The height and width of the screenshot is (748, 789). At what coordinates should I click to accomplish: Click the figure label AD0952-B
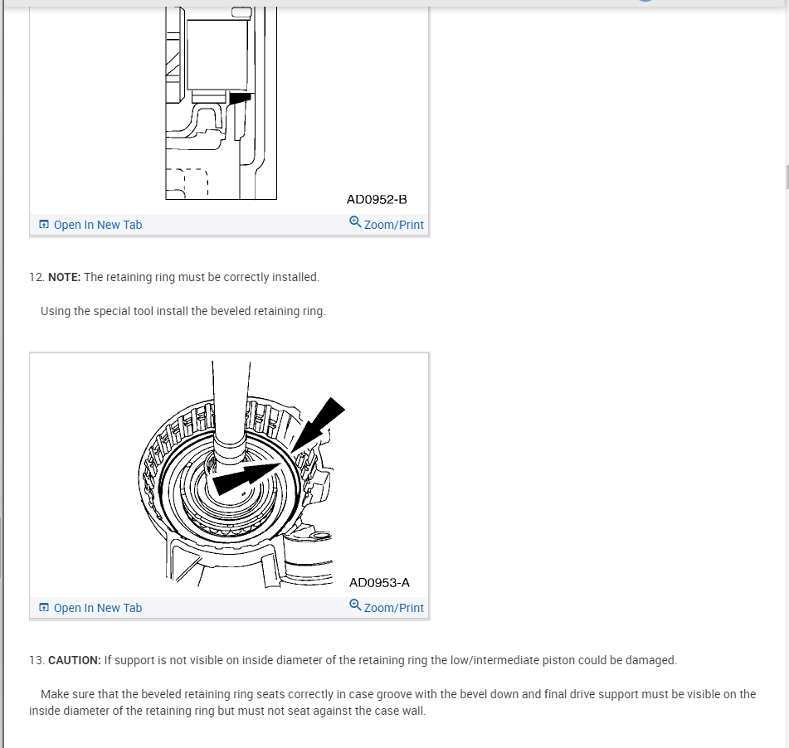pos(377,199)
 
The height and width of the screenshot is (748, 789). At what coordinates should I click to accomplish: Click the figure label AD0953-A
pos(379,582)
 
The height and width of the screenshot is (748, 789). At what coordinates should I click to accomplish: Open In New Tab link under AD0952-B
pos(97,225)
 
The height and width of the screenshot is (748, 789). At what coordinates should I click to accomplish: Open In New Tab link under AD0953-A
pos(97,608)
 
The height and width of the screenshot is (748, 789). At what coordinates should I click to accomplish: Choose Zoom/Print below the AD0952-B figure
pos(393,225)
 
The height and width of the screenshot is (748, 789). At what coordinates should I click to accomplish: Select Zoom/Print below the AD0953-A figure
pos(393,608)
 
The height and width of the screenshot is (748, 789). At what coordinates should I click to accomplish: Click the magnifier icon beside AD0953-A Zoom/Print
pos(355,605)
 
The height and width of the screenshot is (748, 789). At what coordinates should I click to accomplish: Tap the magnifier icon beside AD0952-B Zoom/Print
pos(355,222)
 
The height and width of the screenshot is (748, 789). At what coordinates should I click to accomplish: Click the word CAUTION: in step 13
pos(75,660)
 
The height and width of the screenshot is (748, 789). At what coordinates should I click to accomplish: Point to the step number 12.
pos(36,277)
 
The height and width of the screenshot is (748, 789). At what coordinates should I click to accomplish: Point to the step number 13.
pos(36,660)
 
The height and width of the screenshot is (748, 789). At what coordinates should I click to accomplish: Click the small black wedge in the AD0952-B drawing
pos(240,98)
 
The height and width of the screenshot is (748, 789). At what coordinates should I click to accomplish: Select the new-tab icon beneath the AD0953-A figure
pos(44,608)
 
